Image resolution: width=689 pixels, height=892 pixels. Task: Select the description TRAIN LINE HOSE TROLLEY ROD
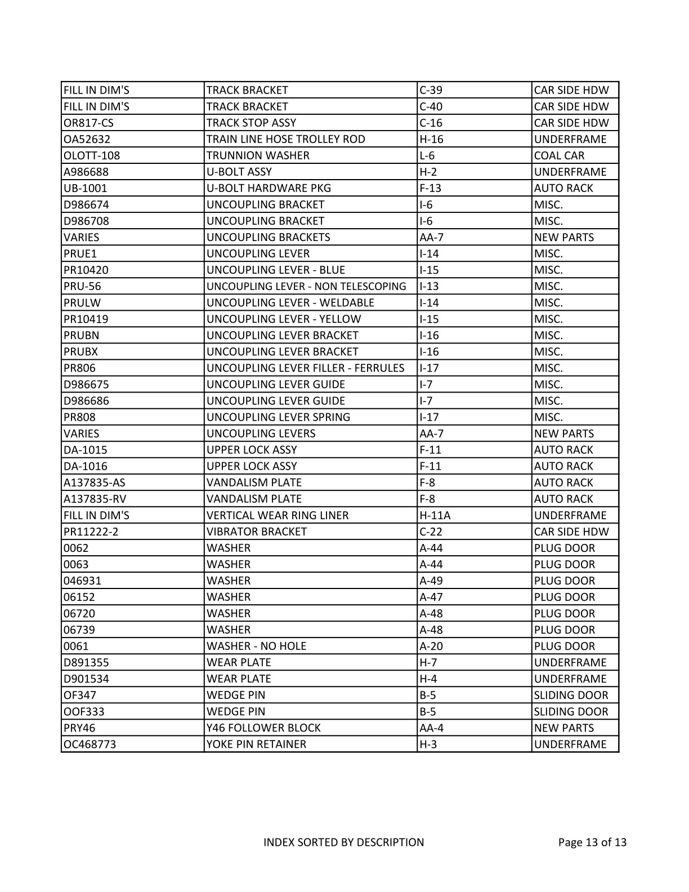(x=285, y=139)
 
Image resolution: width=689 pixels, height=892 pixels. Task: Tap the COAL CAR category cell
(x=559, y=155)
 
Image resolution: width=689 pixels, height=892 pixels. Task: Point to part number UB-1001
(x=86, y=188)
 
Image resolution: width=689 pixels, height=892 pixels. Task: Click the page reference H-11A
(x=435, y=515)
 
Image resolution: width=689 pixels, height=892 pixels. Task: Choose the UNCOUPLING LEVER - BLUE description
(x=276, y=270)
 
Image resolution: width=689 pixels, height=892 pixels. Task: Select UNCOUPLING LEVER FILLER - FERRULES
(x=305, y=368)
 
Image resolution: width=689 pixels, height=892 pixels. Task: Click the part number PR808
(x=80, y=417)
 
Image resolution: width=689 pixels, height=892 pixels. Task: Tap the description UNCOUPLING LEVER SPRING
(x=278, y=417)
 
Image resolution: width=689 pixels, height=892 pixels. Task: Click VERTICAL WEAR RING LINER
(x=278, y=515)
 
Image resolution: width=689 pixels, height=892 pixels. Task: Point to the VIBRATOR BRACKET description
(x=257, y=532)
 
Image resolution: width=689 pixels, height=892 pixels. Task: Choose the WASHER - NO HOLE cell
(x=257, y=646)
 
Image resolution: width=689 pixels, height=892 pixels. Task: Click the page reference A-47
(x=431, y=597)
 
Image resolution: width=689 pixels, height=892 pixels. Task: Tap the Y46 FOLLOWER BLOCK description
(x=263, y=728)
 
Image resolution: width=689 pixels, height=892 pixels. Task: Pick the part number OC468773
(x=90, y=744)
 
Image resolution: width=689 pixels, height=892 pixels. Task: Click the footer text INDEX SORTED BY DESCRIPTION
(x=344, y=842)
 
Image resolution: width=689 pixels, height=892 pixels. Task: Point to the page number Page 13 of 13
(x=592, y=842)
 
